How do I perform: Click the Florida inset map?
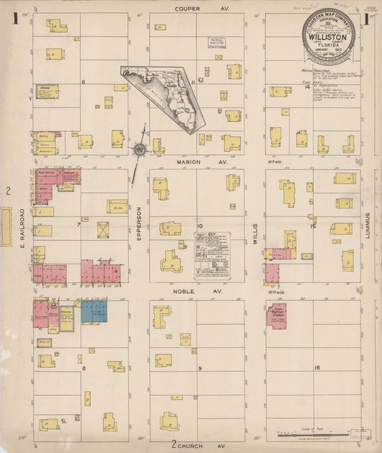click(x=163, y=100)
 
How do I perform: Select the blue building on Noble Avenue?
click(x=94, y=311)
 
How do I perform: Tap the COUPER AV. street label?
click(x=191, y=9)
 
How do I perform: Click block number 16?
click(x=316, y=367)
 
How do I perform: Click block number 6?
click(x=84, y=82)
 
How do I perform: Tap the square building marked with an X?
click(x=105, y=230)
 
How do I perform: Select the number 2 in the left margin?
click(x=7, y=190)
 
